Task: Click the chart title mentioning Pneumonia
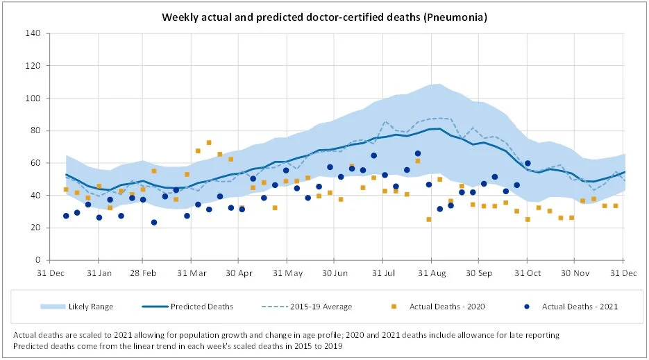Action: [x=324, y=17]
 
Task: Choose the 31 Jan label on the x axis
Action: [x=99, y=273]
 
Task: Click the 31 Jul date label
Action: [x=382, y=273]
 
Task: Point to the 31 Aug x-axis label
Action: [x=431, y=273]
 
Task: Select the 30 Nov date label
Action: [x=573, y=273]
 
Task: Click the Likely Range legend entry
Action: [x=91, y=306]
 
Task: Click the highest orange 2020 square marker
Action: [x=209, y=142]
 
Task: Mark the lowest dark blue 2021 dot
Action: [x=154, y=223]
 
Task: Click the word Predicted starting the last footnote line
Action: [x=31, y=345]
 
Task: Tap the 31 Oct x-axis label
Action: [x=527, y=273]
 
